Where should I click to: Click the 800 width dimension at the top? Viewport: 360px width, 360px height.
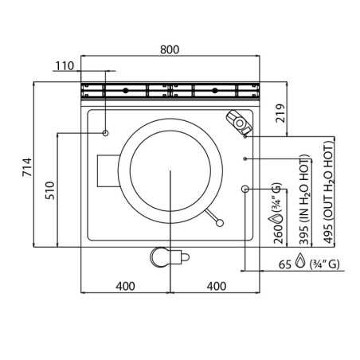tap(170, 49)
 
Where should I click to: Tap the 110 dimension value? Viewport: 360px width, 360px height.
tap(65, 66)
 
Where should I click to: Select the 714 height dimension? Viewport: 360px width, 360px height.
tap(27, 167)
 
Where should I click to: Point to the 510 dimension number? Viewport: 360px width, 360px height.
tap(50, 190)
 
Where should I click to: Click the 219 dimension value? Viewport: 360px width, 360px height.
tap(280, 113)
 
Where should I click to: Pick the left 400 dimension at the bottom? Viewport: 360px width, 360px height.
tap(125, 286)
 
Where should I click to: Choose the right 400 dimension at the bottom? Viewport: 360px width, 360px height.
tap(217, 286)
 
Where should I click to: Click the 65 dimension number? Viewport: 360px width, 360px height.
tap(285, 264)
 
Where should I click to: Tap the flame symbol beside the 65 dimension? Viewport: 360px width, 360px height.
tap(300, 260)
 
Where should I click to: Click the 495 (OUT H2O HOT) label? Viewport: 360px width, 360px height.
tap(329, 193)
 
